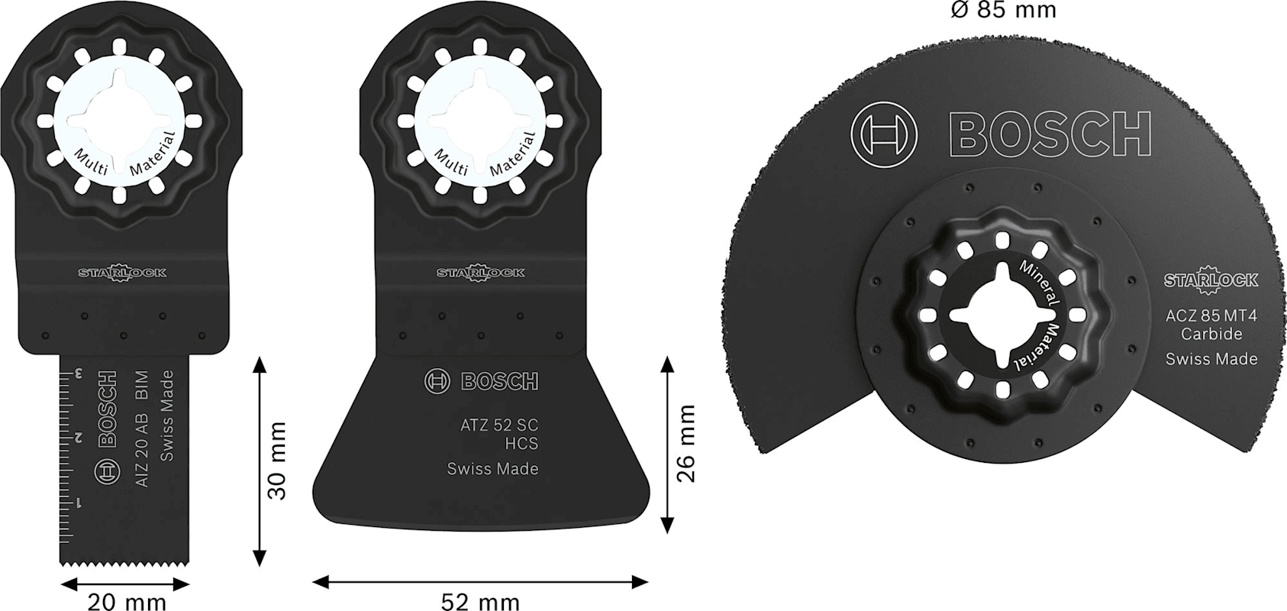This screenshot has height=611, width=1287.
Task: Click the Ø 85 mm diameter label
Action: [1002, 10]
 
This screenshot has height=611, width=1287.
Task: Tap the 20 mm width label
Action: [127, 602]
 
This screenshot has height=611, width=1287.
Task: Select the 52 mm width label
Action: [480, 602]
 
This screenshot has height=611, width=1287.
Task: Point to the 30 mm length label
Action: [277, 461]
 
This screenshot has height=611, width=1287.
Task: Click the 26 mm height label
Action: [685, 443]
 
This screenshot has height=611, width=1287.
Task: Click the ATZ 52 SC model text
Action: [499, 425]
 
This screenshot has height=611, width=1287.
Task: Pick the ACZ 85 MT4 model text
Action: [1211, 315]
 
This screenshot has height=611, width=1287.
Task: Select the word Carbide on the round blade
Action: [1211, 334]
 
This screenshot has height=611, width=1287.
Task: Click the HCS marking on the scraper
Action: [521, 444]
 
